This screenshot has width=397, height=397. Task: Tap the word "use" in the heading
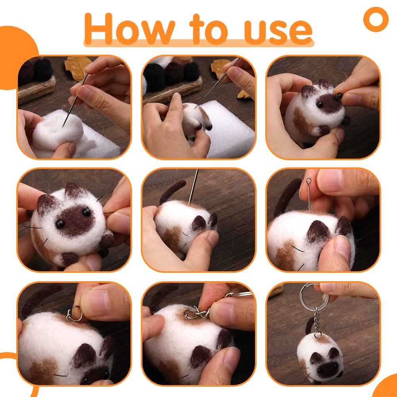278,29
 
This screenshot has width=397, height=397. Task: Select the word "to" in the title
209,29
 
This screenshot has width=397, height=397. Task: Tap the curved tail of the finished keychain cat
309,325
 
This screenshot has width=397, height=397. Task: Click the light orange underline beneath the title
198,42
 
